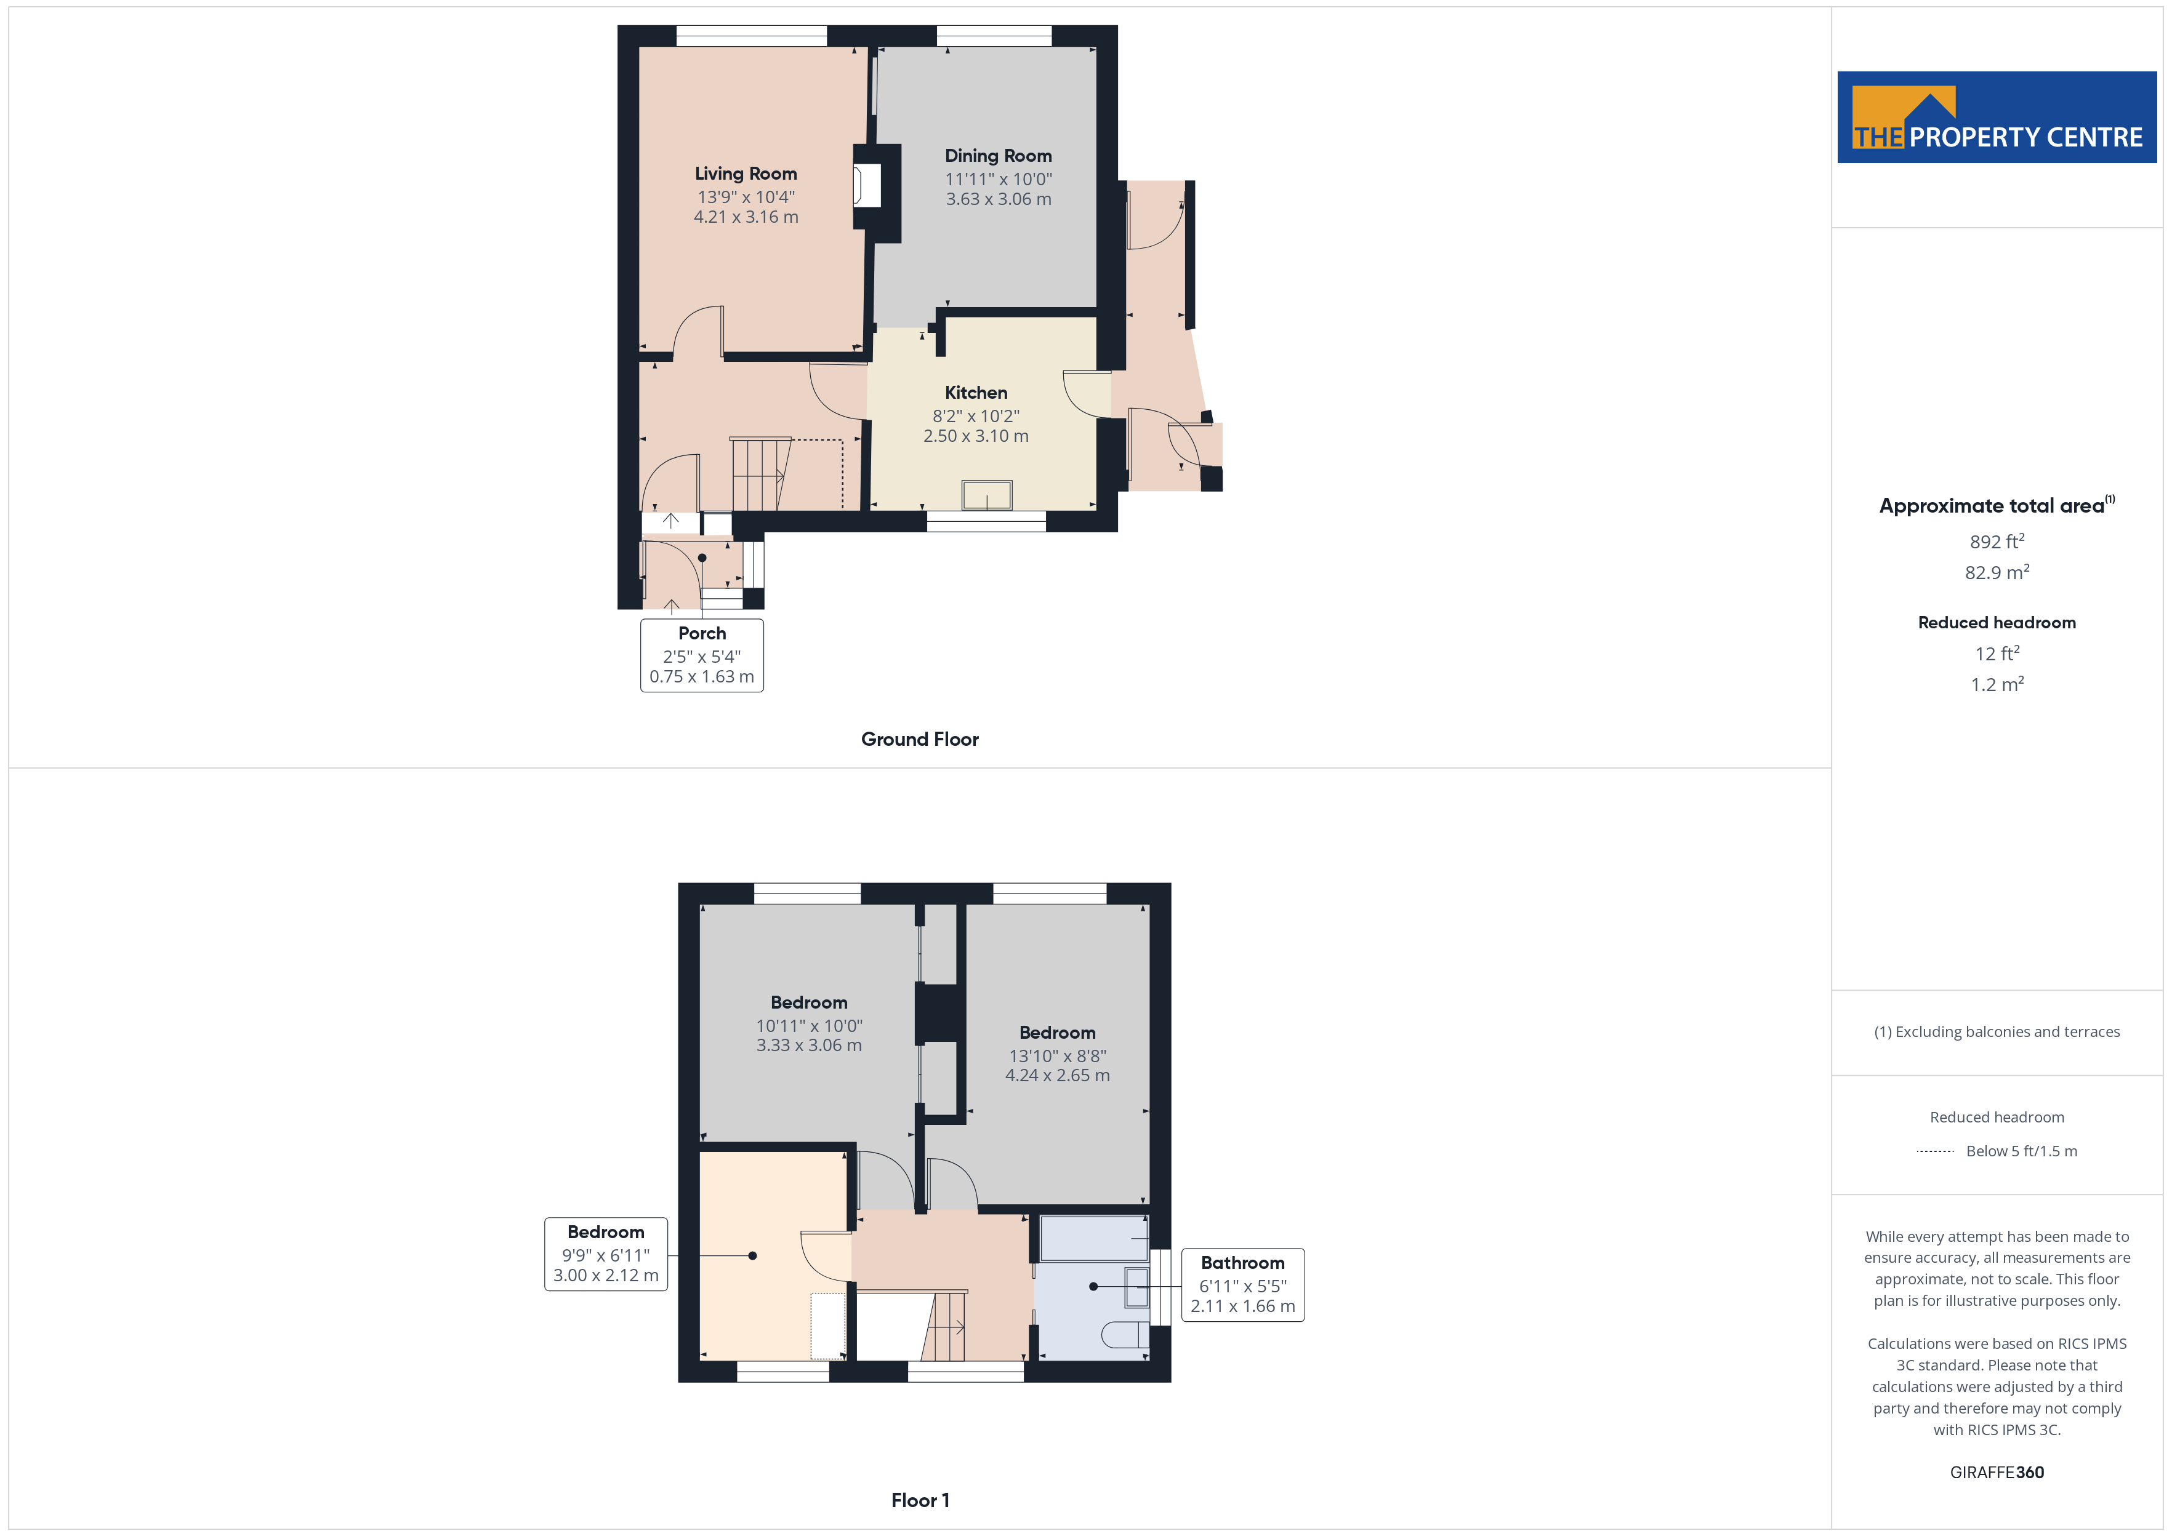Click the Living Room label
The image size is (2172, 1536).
pos(746,173)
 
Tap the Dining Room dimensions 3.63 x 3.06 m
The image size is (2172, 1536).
pos(998,199)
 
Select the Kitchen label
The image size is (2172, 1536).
pos(975,393)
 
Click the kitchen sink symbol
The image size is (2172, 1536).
pos(987,495)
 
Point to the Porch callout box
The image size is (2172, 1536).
pos(702,655)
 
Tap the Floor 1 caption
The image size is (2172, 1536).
pos(920,1500)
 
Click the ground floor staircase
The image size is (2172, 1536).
pos(760,474)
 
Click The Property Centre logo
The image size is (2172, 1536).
pos(1997,118)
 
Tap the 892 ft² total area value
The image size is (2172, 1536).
pos(1997,541)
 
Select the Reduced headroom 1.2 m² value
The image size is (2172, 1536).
pos(1997,684)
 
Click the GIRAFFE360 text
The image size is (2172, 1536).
pos(1997,1471)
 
